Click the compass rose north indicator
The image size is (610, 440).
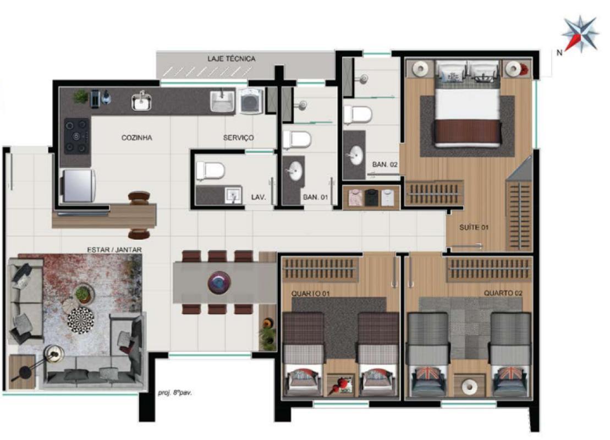coord(580,34)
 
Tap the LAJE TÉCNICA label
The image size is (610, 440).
coord(231,58)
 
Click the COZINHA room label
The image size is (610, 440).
coord(136,138)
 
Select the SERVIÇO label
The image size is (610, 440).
coord(238,138)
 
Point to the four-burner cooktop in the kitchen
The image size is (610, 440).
coord(76,135)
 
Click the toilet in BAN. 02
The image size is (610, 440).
coord(358,116)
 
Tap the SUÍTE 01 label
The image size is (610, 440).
coord(474,227)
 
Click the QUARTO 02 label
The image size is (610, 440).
coord(502,293)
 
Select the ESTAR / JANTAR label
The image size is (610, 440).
coord(114,249)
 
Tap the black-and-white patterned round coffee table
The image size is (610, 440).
coord(81,318)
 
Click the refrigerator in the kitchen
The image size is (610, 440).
coord(78,185)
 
